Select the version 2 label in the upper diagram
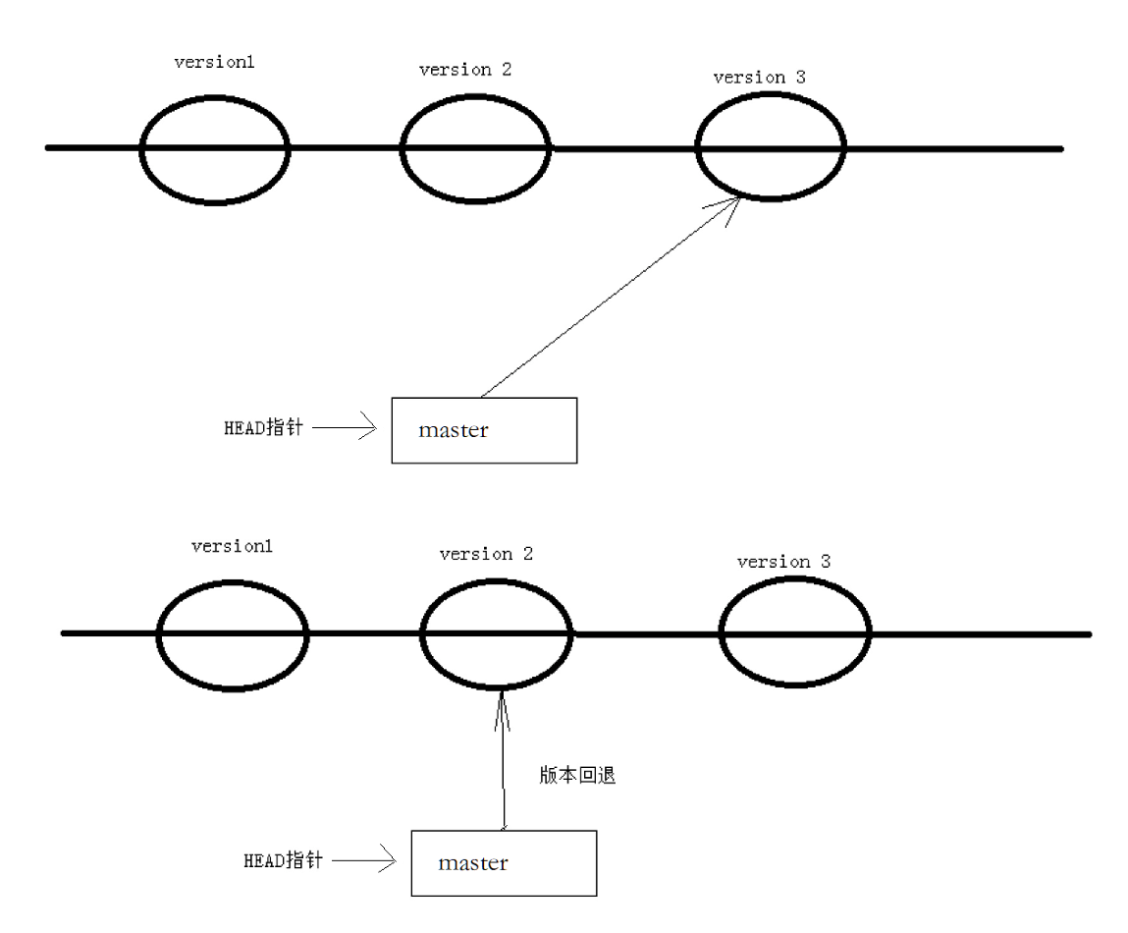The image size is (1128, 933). click(x=464, y=70)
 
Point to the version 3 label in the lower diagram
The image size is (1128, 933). click(x=784, y=562)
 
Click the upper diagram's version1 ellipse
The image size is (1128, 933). click(x=215, y=149)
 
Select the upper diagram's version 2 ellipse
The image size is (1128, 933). click(x=475, y=149)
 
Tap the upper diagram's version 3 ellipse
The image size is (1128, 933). click(x=771, y=149)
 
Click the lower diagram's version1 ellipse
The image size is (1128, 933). click(x=234, y=633)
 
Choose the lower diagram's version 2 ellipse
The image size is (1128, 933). click(x=496, y=633)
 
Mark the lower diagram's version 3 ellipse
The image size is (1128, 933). click(x=795, y=633)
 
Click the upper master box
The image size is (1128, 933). click(x=484, y=430)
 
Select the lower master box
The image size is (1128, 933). click(x=503, y=863)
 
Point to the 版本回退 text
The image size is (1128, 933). click(x=577, y=775)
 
